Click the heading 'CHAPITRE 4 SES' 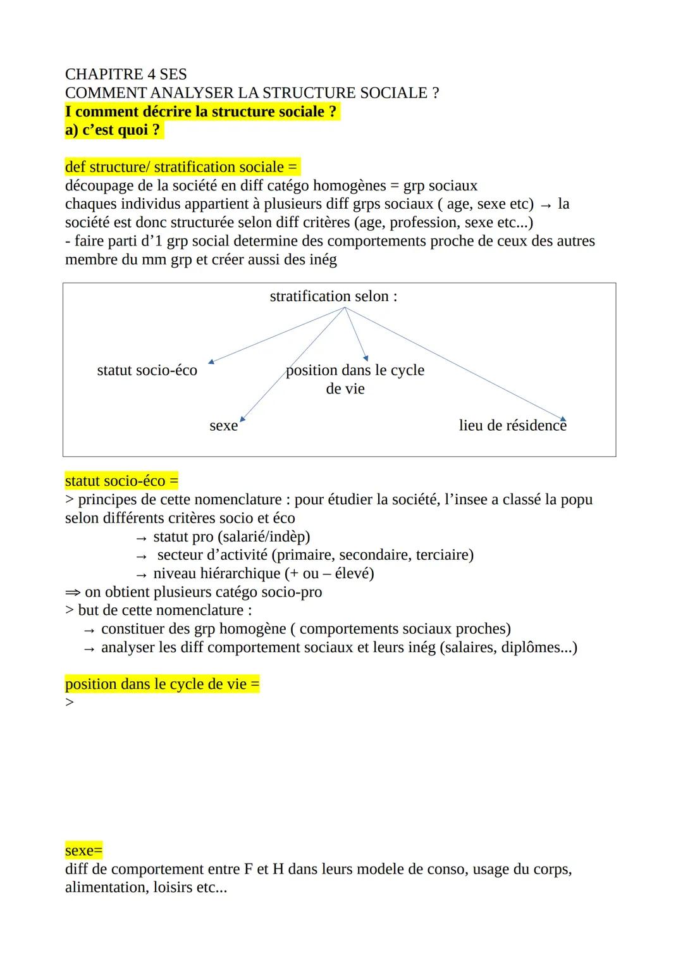[x=125, y=74]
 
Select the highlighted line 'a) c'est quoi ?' [x=113, y=130]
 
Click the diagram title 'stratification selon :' [x=333, y=296]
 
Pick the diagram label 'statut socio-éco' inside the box [x=147, y=370]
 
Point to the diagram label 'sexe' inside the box [x=223, y=426]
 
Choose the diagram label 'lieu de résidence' [x=512, y=426]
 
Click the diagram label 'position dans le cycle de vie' [x=354, y=379]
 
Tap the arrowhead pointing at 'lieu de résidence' [x=563, y=418]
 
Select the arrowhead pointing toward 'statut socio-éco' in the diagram [x=211, y=361]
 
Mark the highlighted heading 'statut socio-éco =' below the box [x=121, y=481]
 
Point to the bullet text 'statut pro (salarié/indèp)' [x=231, y=536]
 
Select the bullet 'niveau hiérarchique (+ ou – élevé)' [x=263, y=573]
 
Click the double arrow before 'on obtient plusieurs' [x=73, y=592]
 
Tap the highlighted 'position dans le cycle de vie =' [x=162, y=684]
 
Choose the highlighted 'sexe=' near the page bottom [x=83, y=850]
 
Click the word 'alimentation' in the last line [x=106, y=888]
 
